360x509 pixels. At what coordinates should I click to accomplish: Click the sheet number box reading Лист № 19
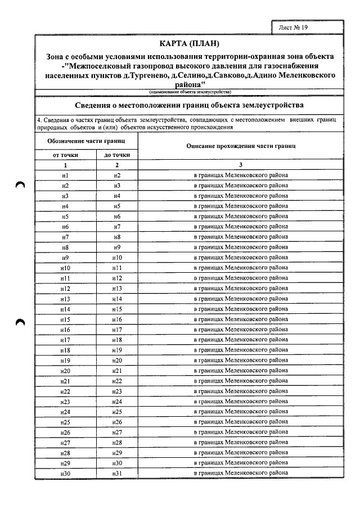[x=293, y=26]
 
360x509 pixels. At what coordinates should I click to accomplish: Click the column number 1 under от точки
[x=65, y=165]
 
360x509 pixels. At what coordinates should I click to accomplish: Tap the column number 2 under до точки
[x=117, y=165]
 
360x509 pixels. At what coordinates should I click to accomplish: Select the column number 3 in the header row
[x=241, y=165]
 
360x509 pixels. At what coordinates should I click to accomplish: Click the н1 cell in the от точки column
[x=65, y=175]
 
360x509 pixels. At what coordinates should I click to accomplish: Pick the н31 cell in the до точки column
[x=117, y=473]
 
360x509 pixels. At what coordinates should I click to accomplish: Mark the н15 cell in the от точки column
[x=65, y=319]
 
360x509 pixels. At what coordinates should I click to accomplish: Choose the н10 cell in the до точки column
[x=117, y=258]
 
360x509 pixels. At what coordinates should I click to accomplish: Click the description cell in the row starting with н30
[x=241, y=473]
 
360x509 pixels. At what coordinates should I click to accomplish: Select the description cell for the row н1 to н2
[x=241, y=175]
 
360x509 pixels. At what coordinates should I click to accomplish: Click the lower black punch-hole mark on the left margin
[x=21, y=322]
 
